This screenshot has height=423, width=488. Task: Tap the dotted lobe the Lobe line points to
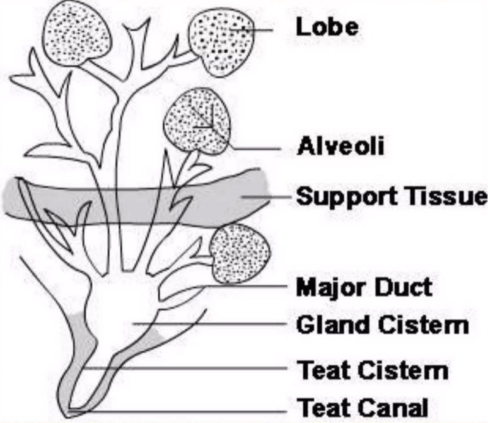(220, 42)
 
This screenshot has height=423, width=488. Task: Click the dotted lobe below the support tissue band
(240, 254)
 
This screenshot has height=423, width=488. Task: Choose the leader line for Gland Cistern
(212, 325)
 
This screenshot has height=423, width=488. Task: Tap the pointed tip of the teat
(68, 411)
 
